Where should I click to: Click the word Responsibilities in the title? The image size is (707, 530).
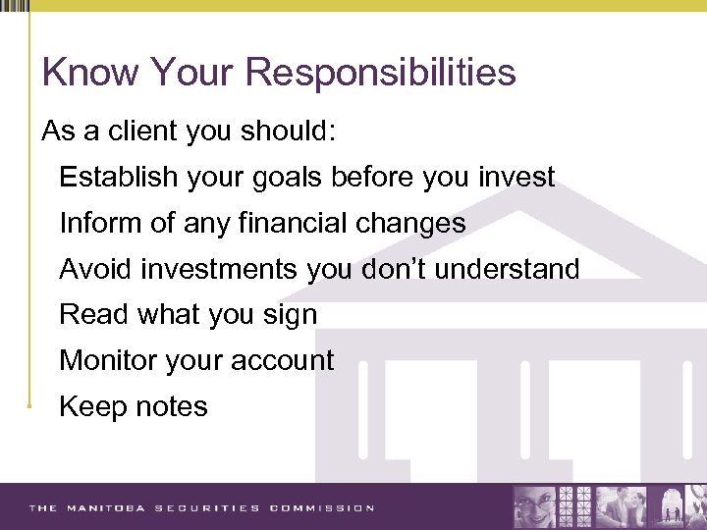383,74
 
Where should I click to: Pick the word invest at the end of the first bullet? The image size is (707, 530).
517,178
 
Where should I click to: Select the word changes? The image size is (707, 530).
413,224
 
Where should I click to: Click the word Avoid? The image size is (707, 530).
95,269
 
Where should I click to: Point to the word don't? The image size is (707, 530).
392,269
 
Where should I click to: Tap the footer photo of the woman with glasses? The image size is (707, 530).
535,507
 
